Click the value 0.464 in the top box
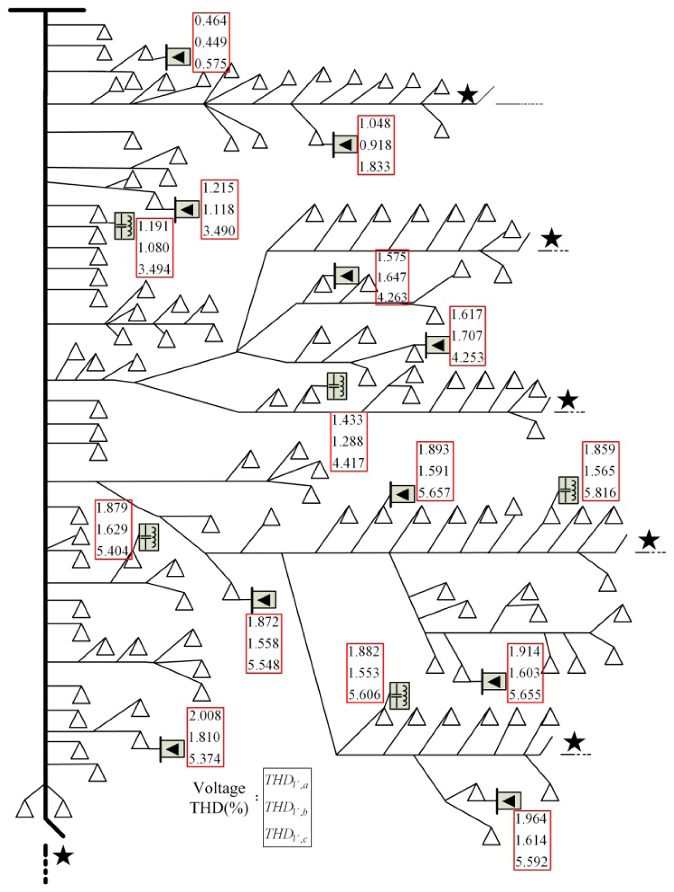[x=211, y=21]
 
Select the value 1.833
[x=375, y=166]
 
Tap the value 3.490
[x=219, y=231]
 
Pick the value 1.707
[x=467, y=335]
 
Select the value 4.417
[x=348, y=463]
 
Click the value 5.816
[x=600, y=492]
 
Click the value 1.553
[x=364, y=673]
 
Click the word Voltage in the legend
[x=219, y=787]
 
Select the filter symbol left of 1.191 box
[x=124, y=226]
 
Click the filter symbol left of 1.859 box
[x=568, y=490]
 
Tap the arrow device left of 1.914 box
[x=494, y=681]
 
